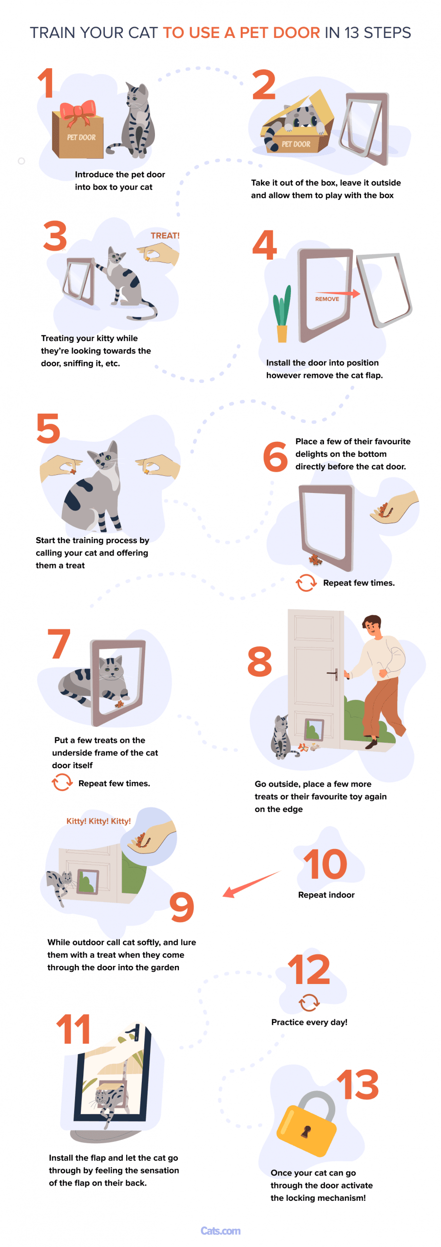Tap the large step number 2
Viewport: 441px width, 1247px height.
point(264,85)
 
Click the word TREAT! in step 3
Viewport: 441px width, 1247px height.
point(165,236)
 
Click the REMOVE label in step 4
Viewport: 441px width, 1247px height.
point(327,299)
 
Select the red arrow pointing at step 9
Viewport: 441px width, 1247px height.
point(251,884)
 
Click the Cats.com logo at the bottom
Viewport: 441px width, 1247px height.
point(220,1231)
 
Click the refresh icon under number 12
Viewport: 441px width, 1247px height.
point(309,1002)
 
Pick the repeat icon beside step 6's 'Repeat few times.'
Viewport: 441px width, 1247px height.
point(306,583)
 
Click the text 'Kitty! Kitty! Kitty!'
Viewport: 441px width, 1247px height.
point(98,821)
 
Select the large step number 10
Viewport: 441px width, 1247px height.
point(325,864)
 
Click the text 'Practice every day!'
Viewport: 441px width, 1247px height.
point(309,1022)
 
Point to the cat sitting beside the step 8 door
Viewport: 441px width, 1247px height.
point(281,737)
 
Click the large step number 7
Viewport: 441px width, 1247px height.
point(59,643)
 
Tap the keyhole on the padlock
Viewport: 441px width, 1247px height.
point(306,1132)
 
